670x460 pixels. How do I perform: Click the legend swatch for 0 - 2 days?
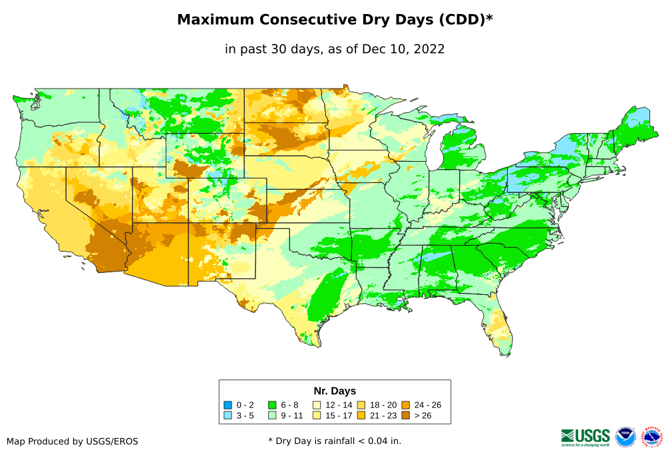(228, 405)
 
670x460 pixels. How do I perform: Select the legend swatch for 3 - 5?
(228, 415)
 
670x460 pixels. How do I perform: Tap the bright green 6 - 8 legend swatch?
(272, 405)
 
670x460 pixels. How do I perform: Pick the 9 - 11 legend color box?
(272, 415)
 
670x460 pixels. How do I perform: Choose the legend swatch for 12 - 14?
(317, 405)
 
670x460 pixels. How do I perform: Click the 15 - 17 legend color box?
(317, 415)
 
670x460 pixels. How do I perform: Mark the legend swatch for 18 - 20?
(361, 405)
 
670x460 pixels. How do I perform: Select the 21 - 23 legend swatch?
(361, 415)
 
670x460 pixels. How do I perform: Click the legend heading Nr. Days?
(335, 391)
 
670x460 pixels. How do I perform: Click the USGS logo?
(586, 437)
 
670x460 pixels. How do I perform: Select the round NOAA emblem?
(625, 437)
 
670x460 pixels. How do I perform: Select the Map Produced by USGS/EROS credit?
(73, 441)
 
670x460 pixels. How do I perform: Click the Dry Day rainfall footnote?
(335, 441)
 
